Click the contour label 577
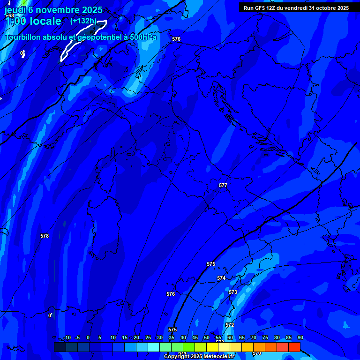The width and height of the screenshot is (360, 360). click(223, 185)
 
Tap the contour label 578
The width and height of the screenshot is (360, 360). click(45, 236)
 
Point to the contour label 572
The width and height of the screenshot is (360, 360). click(230, 325)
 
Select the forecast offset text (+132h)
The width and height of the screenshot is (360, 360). click(83, 21)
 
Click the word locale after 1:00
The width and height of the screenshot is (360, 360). click(45, 21)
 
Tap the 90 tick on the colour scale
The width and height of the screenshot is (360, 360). click(300, 337)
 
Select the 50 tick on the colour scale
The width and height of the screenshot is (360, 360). click(206, 337)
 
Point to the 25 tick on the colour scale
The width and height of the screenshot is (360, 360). click(148, 337)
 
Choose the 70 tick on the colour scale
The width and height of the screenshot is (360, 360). click(253, 337)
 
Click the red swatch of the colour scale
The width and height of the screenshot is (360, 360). click(294, 347)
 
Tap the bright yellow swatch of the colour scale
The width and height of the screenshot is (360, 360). click(212, 347)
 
